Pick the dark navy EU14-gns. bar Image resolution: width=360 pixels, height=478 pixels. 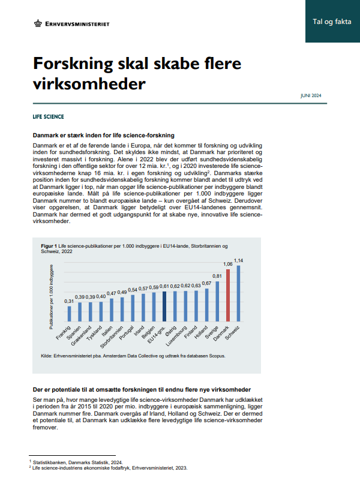pyautogui.click(x=164, y=307)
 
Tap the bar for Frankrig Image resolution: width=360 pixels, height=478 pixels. pyautogui.click(x=69, y=314)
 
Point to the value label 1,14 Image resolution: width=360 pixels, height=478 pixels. pyautogui.click(x=239, y=260)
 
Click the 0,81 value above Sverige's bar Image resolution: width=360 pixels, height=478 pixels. pyautogui.click(x=217, y=276)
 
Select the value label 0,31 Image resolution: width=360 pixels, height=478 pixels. pyautogui.click(x=69, y=300)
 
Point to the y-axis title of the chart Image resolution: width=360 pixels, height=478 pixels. pyautogui.click(x=52, y=297)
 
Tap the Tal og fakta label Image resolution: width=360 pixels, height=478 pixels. pyautogui.click(x=332, y=22)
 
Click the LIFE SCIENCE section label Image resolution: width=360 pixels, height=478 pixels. pyautogui.click(x=49, y=116)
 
